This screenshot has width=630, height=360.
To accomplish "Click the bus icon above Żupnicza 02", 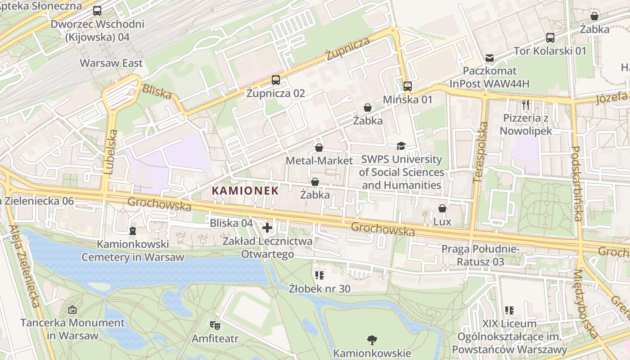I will (276, 80).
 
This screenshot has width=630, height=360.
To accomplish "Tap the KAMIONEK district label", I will (245, 190).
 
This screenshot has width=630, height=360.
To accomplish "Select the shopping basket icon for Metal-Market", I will (319, 148).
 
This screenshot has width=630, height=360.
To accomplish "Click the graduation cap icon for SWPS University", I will (401, 146).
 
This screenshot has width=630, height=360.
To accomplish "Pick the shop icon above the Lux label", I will (442, 208).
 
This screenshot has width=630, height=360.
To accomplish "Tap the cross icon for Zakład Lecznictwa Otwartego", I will (267, 228).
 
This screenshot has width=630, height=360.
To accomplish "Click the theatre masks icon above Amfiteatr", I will (215, 324).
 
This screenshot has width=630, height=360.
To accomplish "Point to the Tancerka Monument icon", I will (72, 310).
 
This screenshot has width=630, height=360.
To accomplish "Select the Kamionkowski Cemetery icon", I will (132, 231).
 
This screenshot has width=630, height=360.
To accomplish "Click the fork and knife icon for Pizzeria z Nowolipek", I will (526, 105).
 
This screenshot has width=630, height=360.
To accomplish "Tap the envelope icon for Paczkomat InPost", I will (489, 58).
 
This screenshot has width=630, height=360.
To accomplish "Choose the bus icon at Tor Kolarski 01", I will (550, 37).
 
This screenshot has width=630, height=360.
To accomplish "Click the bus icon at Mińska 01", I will (407, 86).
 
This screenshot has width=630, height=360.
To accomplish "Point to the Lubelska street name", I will (111, 152).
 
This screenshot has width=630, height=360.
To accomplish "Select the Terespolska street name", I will (481, 152).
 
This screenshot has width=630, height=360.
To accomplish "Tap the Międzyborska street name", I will (586, 304).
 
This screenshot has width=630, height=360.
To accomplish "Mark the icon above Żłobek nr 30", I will (319, 275).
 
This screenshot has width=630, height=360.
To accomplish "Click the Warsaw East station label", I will (111, 63).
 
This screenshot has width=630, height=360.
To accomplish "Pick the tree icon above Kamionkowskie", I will (372, 340).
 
